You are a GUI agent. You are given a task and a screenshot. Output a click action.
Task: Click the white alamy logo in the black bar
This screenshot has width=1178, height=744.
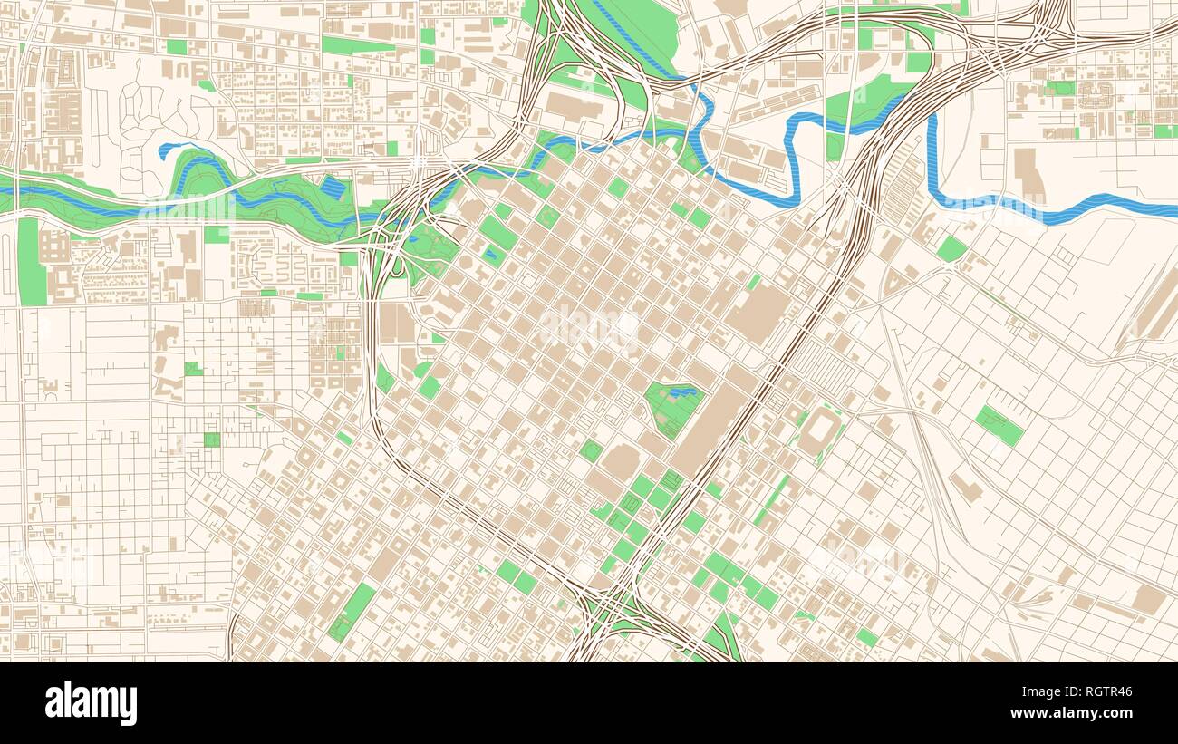point(92,703)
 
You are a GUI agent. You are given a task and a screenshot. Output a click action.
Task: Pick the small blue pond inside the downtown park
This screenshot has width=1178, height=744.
point(684,392)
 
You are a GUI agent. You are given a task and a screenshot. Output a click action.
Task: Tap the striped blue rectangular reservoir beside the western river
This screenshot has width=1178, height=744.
point(333,188)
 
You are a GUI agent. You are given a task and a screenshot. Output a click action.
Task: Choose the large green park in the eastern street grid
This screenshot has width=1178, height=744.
point(999,425)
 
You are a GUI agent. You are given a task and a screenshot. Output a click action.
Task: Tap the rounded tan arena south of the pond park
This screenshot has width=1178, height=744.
point(621,462)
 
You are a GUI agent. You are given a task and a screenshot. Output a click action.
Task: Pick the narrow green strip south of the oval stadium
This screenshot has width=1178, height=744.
point(773,498)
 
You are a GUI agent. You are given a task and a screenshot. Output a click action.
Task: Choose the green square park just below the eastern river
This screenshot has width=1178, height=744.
point(951,248)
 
